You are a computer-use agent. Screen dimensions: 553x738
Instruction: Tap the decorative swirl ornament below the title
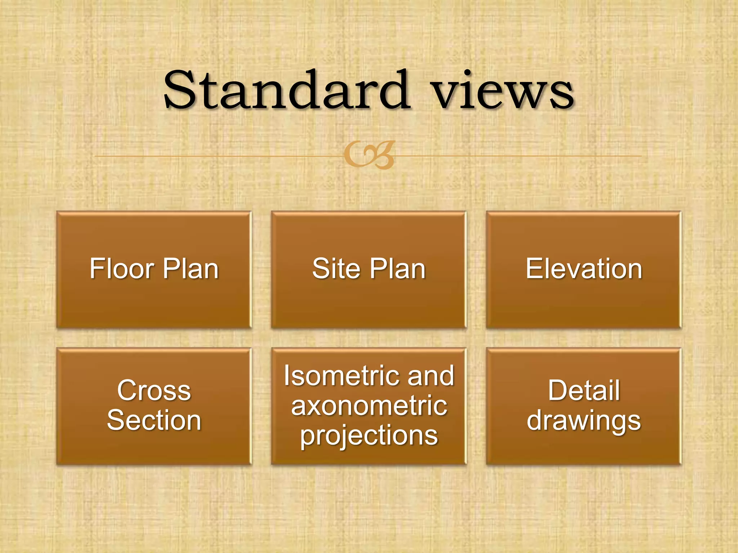[x=369, y=155]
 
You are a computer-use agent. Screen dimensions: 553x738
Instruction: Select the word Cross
[x=154, y=391]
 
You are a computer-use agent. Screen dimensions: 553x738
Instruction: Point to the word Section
[x=154, y=421]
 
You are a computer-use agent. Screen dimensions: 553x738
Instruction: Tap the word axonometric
[x=369, y=406]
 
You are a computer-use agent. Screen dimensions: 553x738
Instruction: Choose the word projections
[x=369, y=436]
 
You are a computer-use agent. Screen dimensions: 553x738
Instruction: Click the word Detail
[x=584, y=391]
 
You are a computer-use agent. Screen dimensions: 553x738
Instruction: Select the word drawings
[x=584, y=421]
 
